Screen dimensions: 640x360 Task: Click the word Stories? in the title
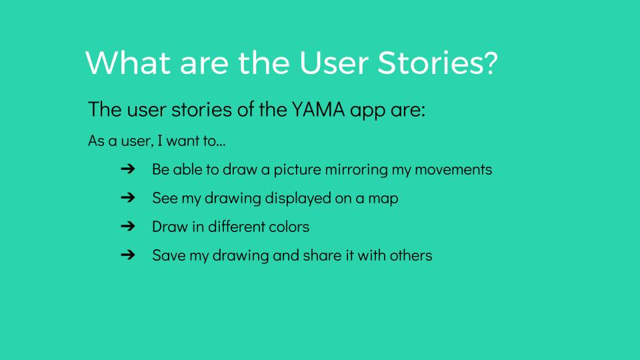coord(437,63)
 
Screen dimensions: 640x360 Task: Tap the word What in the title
coord(128,63)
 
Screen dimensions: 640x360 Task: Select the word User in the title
coord(334,63)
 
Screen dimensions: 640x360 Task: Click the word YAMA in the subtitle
coord(319,109)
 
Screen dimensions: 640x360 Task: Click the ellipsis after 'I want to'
coord(221,145)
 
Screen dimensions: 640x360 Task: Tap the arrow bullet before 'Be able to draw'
coord(128,169)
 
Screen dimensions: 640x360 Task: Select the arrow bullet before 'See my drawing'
coord(128,197)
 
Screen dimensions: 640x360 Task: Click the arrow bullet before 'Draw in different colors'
coord(128,226)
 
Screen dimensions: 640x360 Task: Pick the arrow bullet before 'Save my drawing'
coord(128,255)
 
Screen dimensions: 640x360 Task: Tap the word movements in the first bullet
coord(453,169)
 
